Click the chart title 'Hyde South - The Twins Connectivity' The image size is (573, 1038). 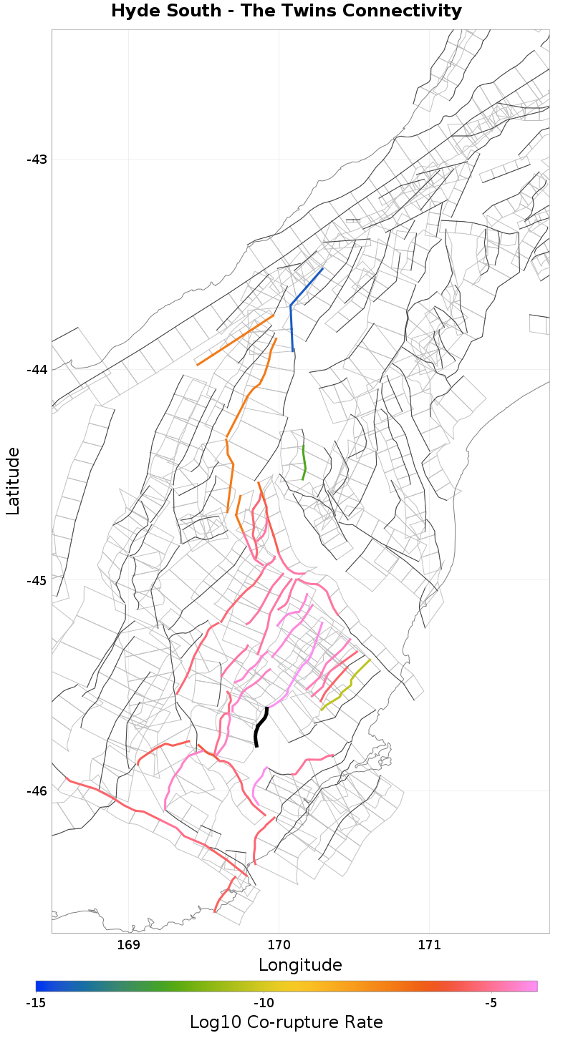click(286, 11)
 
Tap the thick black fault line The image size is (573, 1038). click(259, 726)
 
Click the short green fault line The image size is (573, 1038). click(304, 463)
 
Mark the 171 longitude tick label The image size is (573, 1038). click(429, 946)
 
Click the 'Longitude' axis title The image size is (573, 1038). click(300, 965)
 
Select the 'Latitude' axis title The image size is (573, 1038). click(13, 481)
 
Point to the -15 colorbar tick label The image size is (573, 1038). click(36, 1003)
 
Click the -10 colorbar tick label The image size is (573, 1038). click(264, 1003)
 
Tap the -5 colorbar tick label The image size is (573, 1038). click(491, 1003)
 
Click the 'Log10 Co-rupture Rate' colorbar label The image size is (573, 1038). click(286, 1022)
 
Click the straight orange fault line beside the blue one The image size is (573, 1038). click(236, 340)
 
